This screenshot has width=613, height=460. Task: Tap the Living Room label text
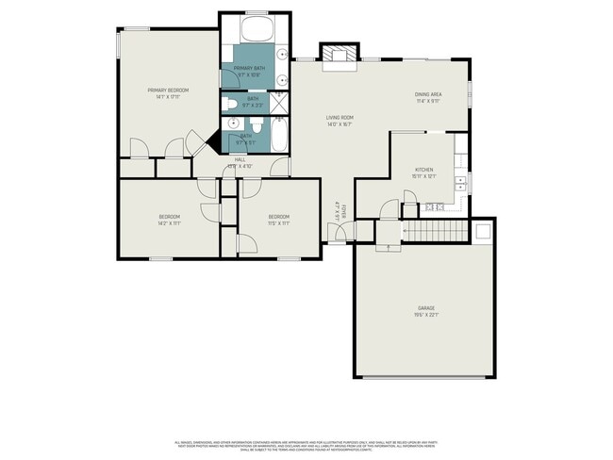tap(339, 117)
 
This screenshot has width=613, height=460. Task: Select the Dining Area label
tap(429, 94)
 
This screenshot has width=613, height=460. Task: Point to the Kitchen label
tap(423, 170)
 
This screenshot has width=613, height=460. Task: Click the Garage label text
tap(426, 308)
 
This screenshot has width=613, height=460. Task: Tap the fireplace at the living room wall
tap(338, 57)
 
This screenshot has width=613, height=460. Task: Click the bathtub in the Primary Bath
tap(256, 28)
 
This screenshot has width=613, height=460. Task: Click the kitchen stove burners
tap(434, 206)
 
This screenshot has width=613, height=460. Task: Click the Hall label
tap(240, 160)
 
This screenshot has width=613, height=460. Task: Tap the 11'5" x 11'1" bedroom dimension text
tap(277, 223)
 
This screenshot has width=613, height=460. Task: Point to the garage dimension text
tap(426, 315)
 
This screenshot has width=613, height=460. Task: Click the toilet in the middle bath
tap(230, 103)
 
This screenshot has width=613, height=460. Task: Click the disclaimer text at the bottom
tap(306, 444)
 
